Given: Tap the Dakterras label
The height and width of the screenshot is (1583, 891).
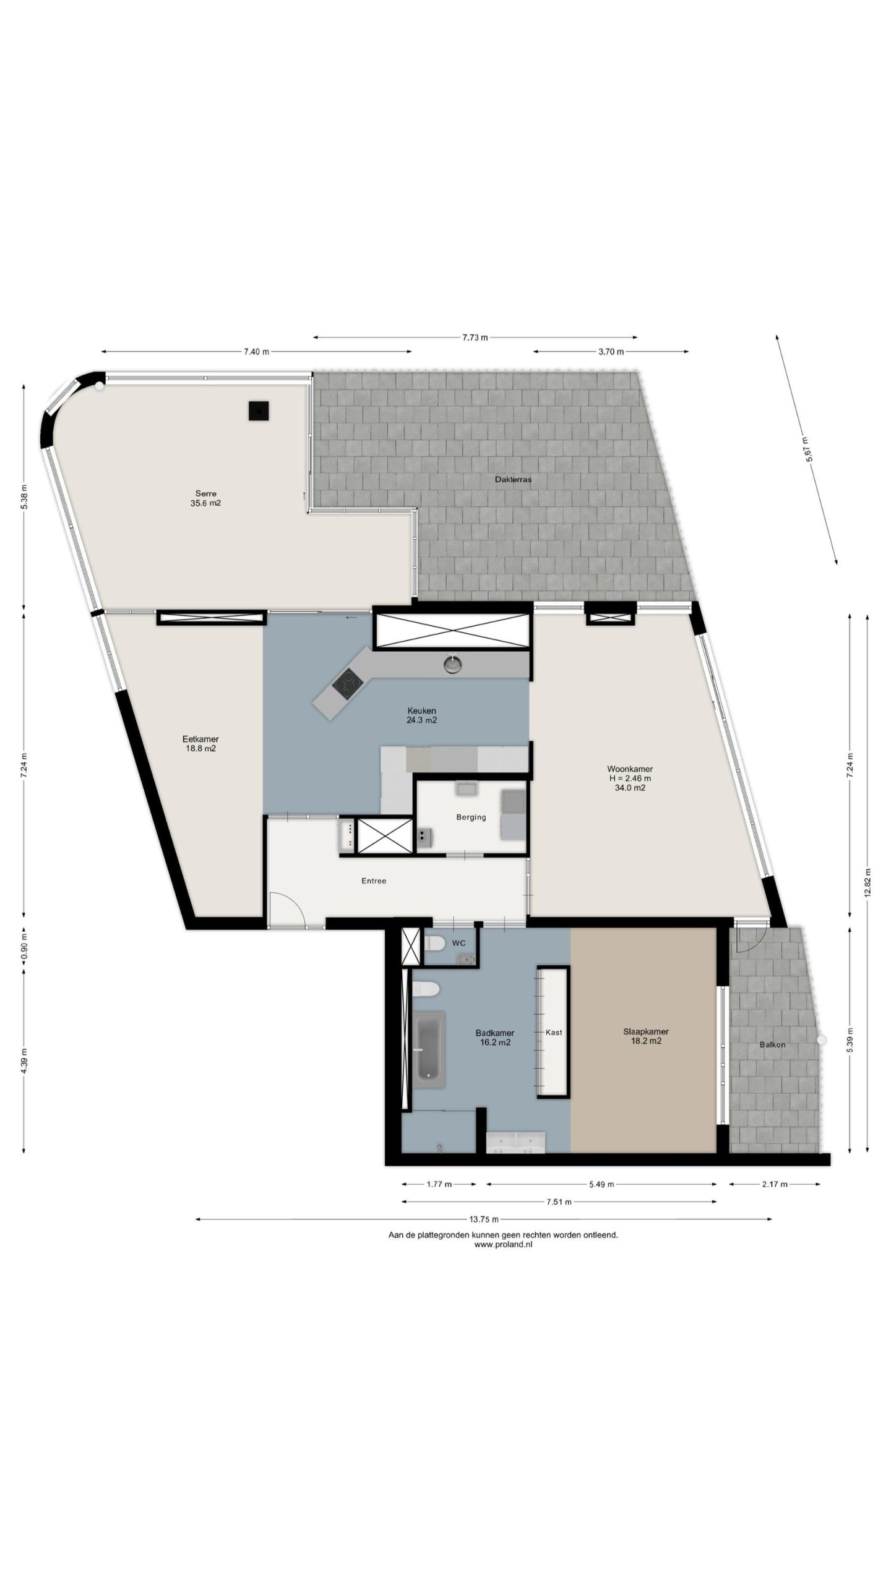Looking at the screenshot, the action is tap(513, 479).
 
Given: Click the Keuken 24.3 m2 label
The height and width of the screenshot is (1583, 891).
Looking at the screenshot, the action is tap(422, 715).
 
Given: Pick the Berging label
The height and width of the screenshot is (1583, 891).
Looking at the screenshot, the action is tap(471, 817).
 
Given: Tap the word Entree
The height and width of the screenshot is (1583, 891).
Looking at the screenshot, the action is tap(374, 881).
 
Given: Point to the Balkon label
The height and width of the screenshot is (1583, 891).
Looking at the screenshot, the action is tap(772, 1044).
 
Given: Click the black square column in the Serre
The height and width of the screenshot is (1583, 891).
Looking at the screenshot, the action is tap(259, 411).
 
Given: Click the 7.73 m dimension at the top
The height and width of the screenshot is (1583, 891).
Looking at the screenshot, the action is tap(475, 338).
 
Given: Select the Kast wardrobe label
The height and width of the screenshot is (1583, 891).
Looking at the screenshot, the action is tap(554, 1032).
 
